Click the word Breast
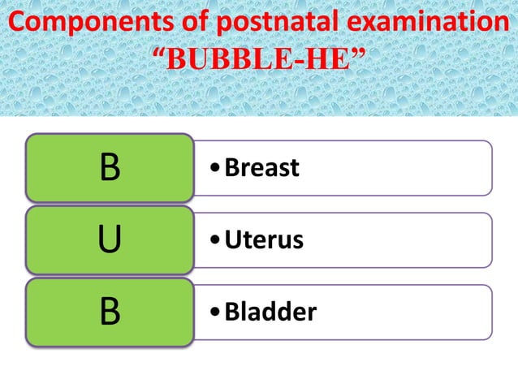pos(261,168)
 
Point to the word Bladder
pos(270,313)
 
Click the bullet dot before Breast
pos(214,169)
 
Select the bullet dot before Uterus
pos(214,241)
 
